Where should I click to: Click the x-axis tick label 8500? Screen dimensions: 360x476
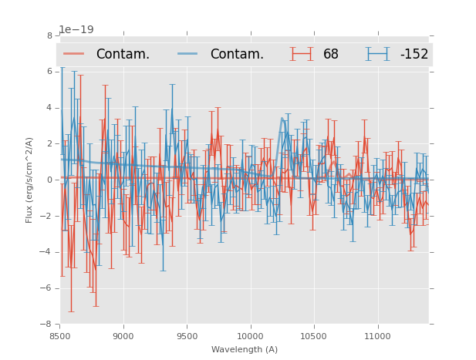(60, 335)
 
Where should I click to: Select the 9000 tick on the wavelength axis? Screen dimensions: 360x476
(123, 335)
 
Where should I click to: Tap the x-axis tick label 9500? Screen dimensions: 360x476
(187, 335)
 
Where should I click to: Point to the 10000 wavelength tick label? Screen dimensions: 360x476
(251, 335)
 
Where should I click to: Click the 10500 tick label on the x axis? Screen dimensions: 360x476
(314, 335)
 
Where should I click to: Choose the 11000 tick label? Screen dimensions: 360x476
(377, 335)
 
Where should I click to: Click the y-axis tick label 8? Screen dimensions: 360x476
(49, 35)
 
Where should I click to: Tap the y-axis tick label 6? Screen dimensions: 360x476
(49, 72)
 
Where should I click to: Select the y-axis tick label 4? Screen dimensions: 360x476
(49, 108)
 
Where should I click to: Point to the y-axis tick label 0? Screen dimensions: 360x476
(49, 180)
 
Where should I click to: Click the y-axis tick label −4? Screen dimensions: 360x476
(47, 252)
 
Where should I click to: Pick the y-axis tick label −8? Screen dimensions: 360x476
(47, 324)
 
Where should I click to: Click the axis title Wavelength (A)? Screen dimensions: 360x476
(245, 349)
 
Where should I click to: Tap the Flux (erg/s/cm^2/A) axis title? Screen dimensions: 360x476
(29, 180)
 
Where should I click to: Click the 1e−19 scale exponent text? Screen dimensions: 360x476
(76, 29)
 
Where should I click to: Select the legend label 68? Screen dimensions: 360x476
(331, 54)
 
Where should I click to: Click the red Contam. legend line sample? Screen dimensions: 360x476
(74, 54)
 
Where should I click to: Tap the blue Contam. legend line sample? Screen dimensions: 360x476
(188, 54)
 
